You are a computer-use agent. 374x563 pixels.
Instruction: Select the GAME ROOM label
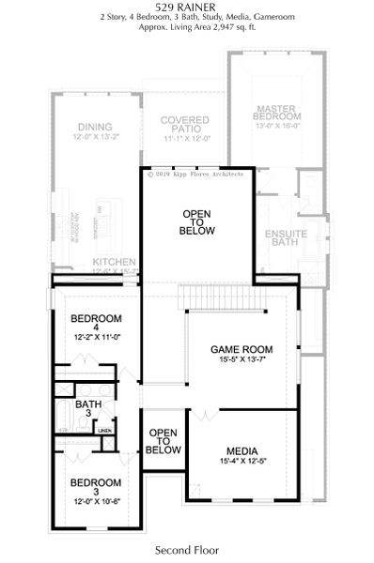pyautogui.click(x=242, y=349)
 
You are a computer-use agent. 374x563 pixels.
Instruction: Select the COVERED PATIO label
pyautogui.click(x=184, y=126)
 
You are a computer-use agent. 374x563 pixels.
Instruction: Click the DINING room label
pyautogui.click(x=95, y=127)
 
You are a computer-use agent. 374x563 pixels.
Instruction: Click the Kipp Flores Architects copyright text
pyautogui.click(x=195, y=174)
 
